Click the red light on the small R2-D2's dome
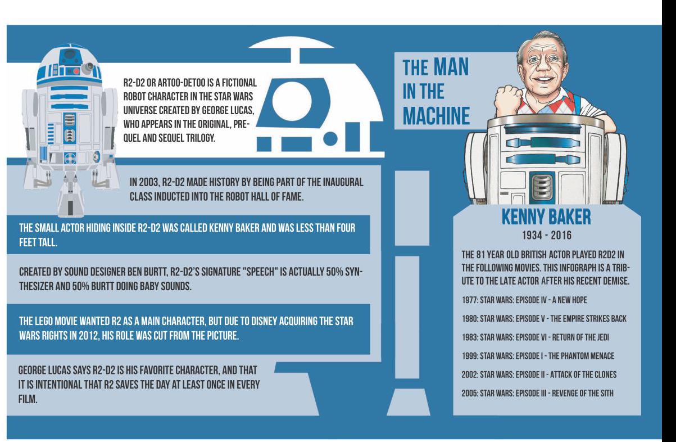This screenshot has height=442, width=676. [x=76, y=71]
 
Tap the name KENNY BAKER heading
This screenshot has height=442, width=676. [x=546, y=217]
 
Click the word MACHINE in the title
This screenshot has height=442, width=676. [x=437, y=116]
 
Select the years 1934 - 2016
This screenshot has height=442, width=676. [x=547, y=235]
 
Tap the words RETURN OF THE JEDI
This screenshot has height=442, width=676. [x=580, y=337]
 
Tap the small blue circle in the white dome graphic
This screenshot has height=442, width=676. [x=330, y=138]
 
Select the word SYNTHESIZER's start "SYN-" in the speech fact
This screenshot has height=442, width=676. [x=355, y=272]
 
